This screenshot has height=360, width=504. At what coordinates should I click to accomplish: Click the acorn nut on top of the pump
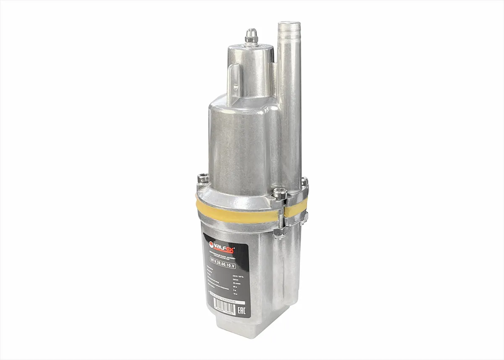point(251,35)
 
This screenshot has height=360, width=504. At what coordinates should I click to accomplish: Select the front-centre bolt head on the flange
point(280,193)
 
